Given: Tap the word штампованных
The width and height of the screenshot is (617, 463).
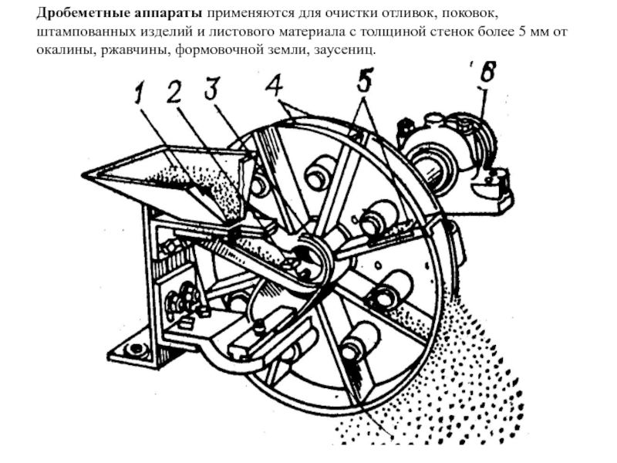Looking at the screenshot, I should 80,32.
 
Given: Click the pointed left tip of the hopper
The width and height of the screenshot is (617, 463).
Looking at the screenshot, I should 86,175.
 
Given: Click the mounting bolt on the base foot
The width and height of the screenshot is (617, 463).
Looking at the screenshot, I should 137,349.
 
